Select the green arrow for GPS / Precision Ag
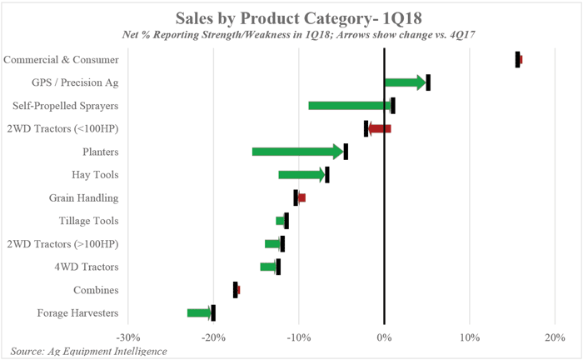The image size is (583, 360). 406,82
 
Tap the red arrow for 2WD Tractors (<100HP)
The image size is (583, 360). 379,128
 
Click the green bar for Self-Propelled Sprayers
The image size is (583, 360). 348,106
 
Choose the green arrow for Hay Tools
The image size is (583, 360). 301,175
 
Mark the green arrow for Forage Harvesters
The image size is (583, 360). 199,313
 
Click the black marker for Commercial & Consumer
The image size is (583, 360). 517,59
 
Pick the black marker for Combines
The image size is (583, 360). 235,290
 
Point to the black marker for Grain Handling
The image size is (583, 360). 296,197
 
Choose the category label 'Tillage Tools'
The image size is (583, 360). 88,221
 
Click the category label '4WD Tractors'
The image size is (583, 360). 87,267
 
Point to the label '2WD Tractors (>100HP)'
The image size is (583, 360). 62,244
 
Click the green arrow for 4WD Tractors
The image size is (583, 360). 268,267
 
